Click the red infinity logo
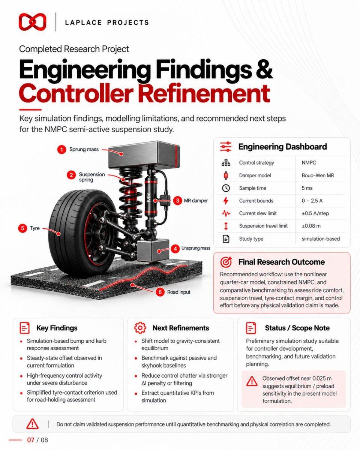coord(32,22)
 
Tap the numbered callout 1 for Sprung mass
coord(62,150)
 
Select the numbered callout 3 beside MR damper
coord(177,201)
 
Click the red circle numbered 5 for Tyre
coord(22,228)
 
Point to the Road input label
coord(178,292)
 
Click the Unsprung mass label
coord(196,248)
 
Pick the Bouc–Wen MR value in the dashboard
coord(318,175)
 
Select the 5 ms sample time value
coord(307,188)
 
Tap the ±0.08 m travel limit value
coord(311,226)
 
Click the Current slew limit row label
coord(258,213)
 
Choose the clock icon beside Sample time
coord(226,188)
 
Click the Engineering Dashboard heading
coord(282,147)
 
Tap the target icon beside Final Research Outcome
coord(226,262)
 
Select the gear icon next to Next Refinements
coord(140,328)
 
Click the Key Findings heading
coord(57,328)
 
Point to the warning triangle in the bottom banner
coord(32,424)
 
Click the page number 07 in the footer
coord(30,440)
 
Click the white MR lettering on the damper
coord(149,197)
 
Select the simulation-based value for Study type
coord(321,238)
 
